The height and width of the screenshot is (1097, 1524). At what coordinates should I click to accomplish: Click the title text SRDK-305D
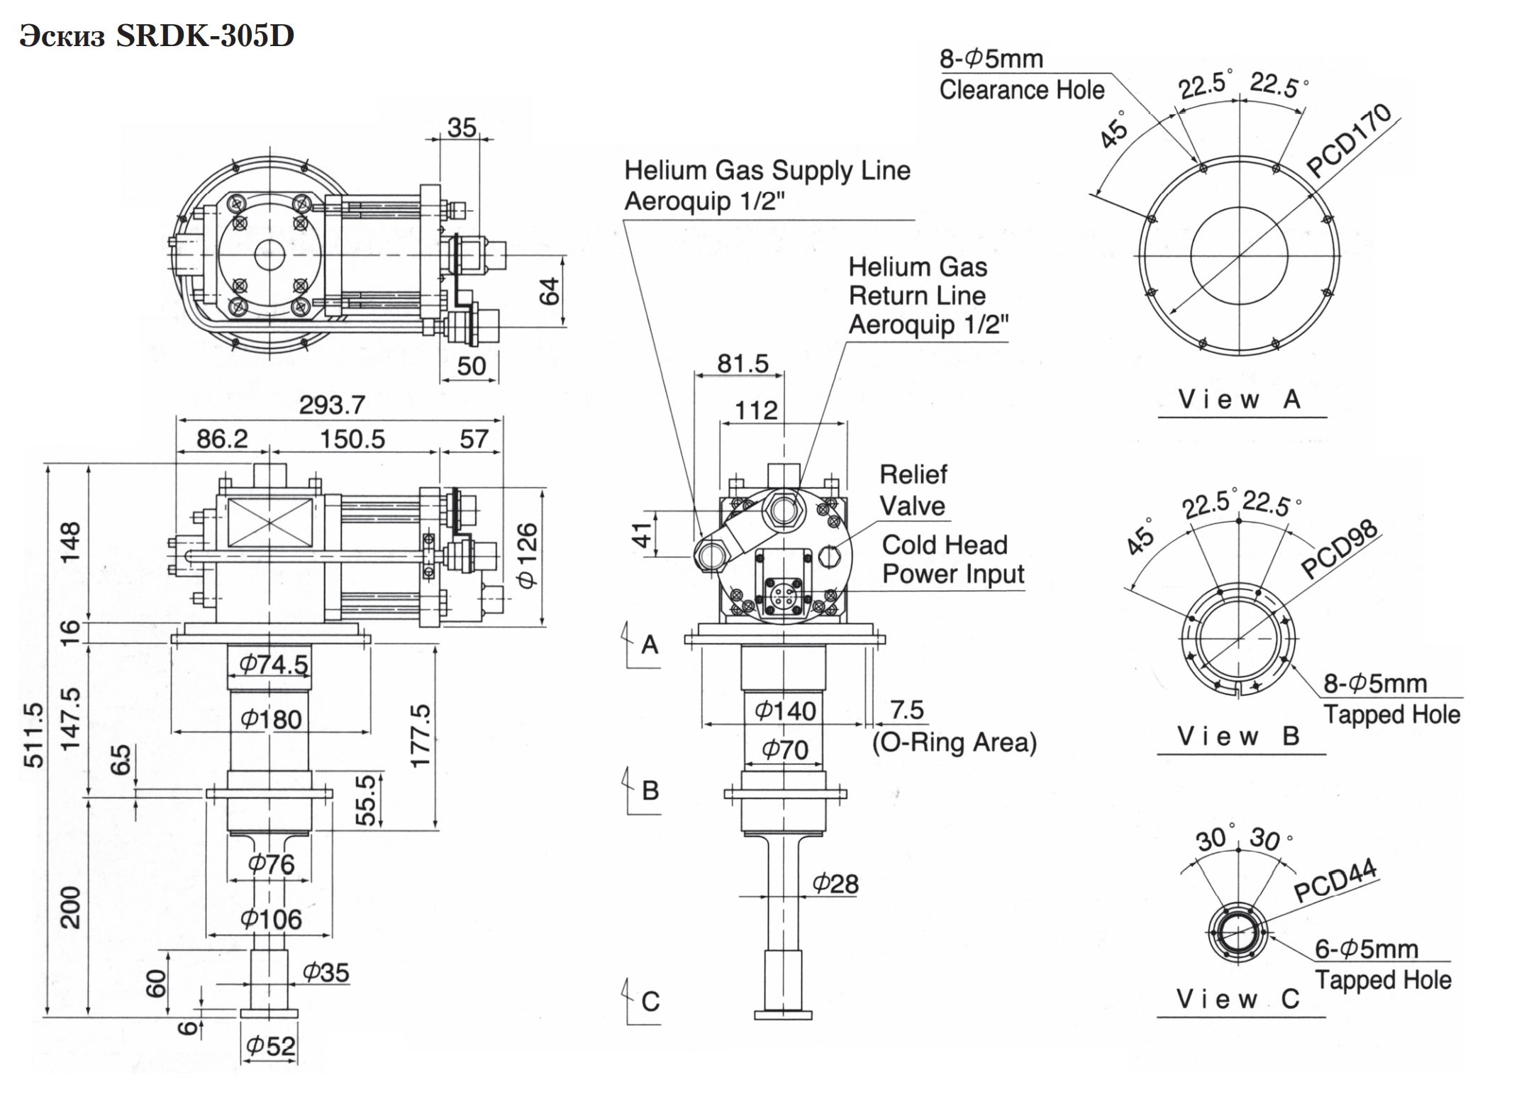pos(205,36)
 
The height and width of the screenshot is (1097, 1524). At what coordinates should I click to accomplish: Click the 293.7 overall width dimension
pos(332,405)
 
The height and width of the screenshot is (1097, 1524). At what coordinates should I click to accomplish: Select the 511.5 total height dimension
pos(33,735)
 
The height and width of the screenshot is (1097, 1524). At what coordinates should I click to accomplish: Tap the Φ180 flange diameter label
pos(272,719)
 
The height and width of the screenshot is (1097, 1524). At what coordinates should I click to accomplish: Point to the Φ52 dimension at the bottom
pos(270,1045)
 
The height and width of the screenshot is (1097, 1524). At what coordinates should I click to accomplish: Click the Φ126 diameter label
pos(528,555)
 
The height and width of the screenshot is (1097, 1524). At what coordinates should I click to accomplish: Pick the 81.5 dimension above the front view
pos(742,363)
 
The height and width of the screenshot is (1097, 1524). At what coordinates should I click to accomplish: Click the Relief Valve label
pos(913,490)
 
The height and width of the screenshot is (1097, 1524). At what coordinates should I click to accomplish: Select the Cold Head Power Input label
pos(953,559)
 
